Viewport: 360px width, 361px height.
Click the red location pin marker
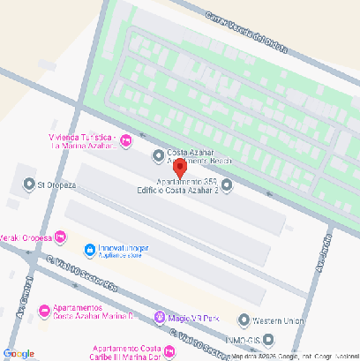click(178, 168)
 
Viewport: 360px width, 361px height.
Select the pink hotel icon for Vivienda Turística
click(126, 139)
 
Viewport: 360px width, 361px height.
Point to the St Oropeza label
click(57, 185)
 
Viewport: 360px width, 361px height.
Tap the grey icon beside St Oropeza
click(26, 184)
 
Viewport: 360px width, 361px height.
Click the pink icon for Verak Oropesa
click(60, 237)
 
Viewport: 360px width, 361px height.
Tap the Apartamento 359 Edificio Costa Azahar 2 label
click(176, 185)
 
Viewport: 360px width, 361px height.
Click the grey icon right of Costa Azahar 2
click(227, 184)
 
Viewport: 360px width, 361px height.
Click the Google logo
click(18, 353)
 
